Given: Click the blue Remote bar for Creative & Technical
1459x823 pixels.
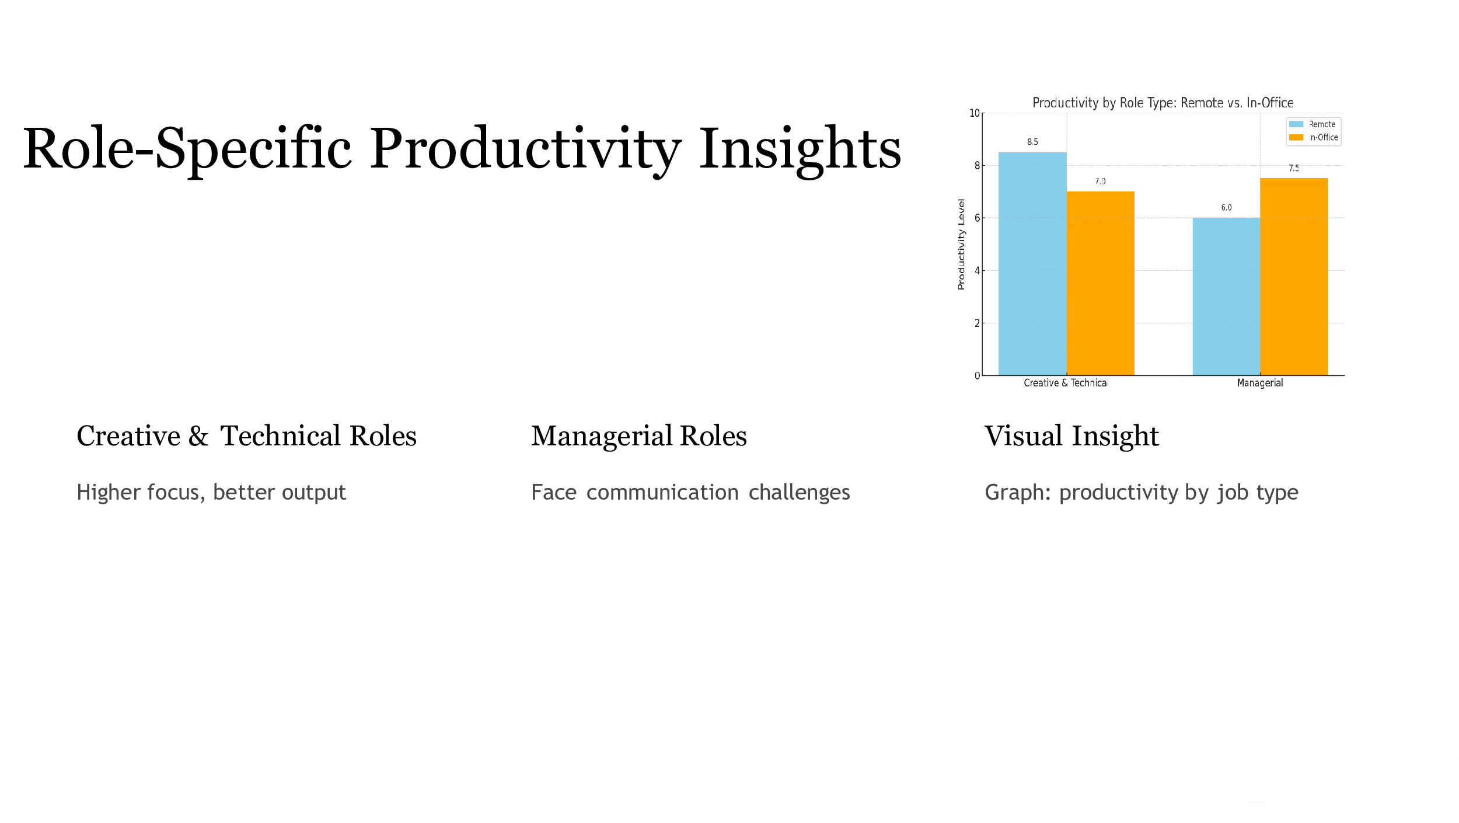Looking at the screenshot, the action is pos(1032,264).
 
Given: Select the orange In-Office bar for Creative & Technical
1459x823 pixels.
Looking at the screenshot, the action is pos(1101,283).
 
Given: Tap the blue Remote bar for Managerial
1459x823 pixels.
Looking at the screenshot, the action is pos(1226,297).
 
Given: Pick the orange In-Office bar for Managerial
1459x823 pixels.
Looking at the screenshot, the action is pos(1294,277).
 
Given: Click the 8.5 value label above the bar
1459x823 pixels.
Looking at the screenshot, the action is pos(1033,142).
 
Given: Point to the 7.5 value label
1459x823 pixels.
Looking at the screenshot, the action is pos(1294,168).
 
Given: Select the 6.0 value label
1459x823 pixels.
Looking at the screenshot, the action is pos(1227,208).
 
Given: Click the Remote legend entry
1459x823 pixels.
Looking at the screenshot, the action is pos(1313,124).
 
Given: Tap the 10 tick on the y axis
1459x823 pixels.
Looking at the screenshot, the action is pos(974,113).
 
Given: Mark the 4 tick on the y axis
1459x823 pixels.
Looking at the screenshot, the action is pos(977,270).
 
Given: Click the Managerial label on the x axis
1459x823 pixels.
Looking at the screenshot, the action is pos(1260,383).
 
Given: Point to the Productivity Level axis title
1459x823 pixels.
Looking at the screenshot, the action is pos(961,244).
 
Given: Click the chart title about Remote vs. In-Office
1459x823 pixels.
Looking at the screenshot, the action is pos(1163,103).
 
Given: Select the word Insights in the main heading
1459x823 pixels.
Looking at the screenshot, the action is pos(800,149).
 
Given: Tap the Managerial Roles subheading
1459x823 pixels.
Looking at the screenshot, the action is pos(639,436).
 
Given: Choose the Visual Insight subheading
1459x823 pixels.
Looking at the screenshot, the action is pos(1071,436).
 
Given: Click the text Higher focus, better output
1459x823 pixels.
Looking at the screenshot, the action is pos(211,493).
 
